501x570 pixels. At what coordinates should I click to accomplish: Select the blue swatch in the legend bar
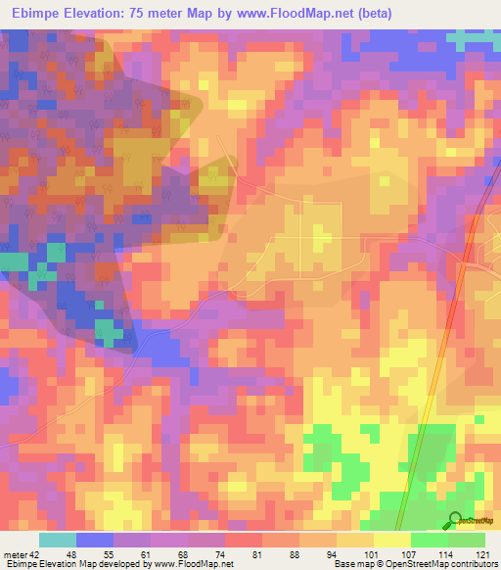click(95, 539)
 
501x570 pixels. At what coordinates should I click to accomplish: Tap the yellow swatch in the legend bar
click(392, 539)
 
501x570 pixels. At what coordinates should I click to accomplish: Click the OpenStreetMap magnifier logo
click(456, 520)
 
